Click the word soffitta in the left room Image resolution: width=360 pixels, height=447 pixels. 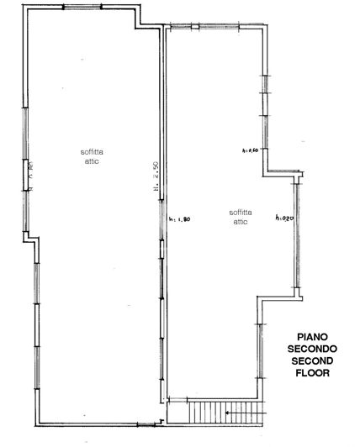93,151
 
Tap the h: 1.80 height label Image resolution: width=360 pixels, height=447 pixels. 180,219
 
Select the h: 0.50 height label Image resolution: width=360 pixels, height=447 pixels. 250,151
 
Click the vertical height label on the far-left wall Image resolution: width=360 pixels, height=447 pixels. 31,176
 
